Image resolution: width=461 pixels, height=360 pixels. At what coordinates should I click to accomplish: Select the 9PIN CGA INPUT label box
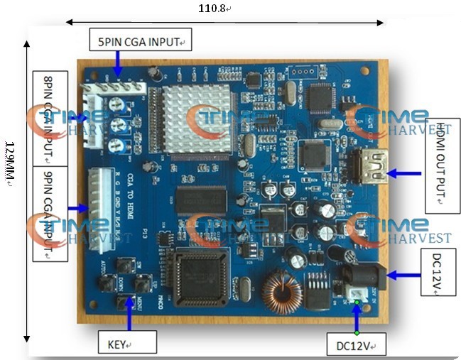pyautogui.click(x=50, y=213)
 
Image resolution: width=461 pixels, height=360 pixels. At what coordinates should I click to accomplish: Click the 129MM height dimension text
pyautogui.click(x=9, y=163)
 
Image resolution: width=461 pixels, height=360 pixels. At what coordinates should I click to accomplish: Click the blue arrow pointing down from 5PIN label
pyautogui.click(x=118, y=67)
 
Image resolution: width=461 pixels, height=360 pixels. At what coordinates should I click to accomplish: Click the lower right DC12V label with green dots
pyautogui.click(x=357, y=344)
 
